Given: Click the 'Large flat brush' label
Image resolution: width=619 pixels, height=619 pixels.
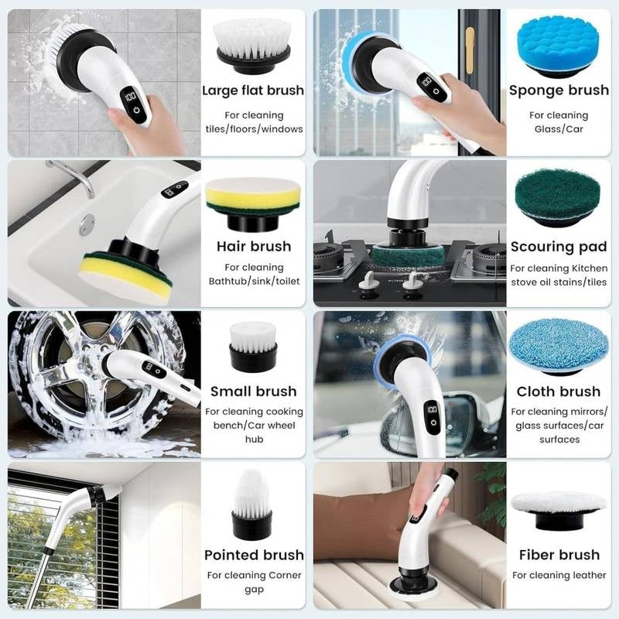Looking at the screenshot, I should tap(253, 91).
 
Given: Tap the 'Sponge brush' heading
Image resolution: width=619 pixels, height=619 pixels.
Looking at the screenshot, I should tap(559, 91).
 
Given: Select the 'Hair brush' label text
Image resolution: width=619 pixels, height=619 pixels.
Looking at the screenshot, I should tap(254, 247).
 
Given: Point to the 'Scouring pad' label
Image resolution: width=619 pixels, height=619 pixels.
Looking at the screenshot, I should tap(559, 248).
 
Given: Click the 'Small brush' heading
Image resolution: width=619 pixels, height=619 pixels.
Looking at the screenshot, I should tap(253, 392).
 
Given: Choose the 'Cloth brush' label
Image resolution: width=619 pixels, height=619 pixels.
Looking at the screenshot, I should tap(559, 392).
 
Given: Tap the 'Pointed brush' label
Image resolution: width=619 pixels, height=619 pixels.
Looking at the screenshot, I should tap(253, 555).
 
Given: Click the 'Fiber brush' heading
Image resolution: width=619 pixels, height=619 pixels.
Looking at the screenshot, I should tap(559, 555).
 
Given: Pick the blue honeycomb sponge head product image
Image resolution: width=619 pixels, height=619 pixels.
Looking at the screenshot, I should tap(558, 46).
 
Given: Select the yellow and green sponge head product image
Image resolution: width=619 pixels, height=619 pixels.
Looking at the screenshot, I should tap(252, 200).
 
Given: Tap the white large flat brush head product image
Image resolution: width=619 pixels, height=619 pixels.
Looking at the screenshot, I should tap(253, 43).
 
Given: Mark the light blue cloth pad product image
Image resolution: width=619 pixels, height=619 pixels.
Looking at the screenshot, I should tap(559, 345).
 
